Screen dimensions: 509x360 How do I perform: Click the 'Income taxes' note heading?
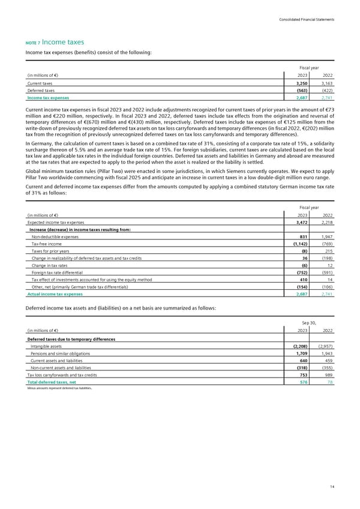[x=62, y=42]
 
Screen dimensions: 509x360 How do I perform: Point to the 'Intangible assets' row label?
[x=47, y=346]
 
